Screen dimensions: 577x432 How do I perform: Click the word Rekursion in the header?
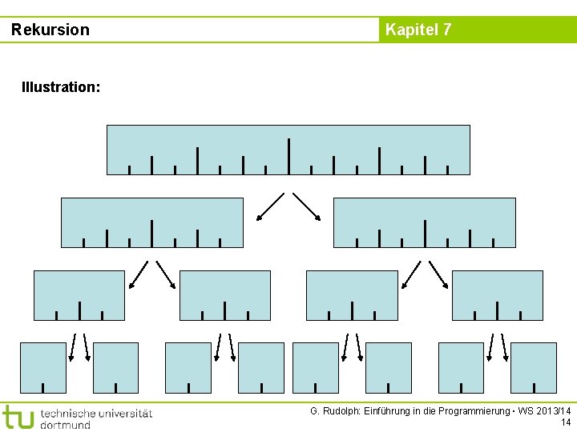click(x=50, y=30)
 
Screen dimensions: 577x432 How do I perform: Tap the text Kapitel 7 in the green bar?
click(x=418, y=30)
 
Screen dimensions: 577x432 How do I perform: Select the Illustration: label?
click(x=61, y=86)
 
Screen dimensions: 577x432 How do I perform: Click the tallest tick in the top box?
click(x=288, y=156)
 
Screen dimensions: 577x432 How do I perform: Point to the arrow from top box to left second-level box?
click(x=270, y=206)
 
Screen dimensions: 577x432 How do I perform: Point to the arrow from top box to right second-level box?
click(x=307, y=206)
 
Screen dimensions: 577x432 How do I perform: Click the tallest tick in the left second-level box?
click(x=151, y=233)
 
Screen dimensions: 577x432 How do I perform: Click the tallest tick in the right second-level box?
click(x=425, y=233)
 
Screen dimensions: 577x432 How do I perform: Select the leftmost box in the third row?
click(x=79, y=294)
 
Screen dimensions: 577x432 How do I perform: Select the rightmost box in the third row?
click(x=498, y=294)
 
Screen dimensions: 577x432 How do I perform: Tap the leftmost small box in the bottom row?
click(x=43, y=367)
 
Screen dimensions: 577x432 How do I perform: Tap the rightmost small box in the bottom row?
click(x=534, y=367)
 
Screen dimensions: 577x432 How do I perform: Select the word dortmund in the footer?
click(x=66, y=425)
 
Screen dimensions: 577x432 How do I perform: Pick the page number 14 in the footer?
click(x=566, y=422)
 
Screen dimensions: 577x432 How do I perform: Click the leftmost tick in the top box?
click(x=129, y=170)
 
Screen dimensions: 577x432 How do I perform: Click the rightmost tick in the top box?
click(x=447, y=170)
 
